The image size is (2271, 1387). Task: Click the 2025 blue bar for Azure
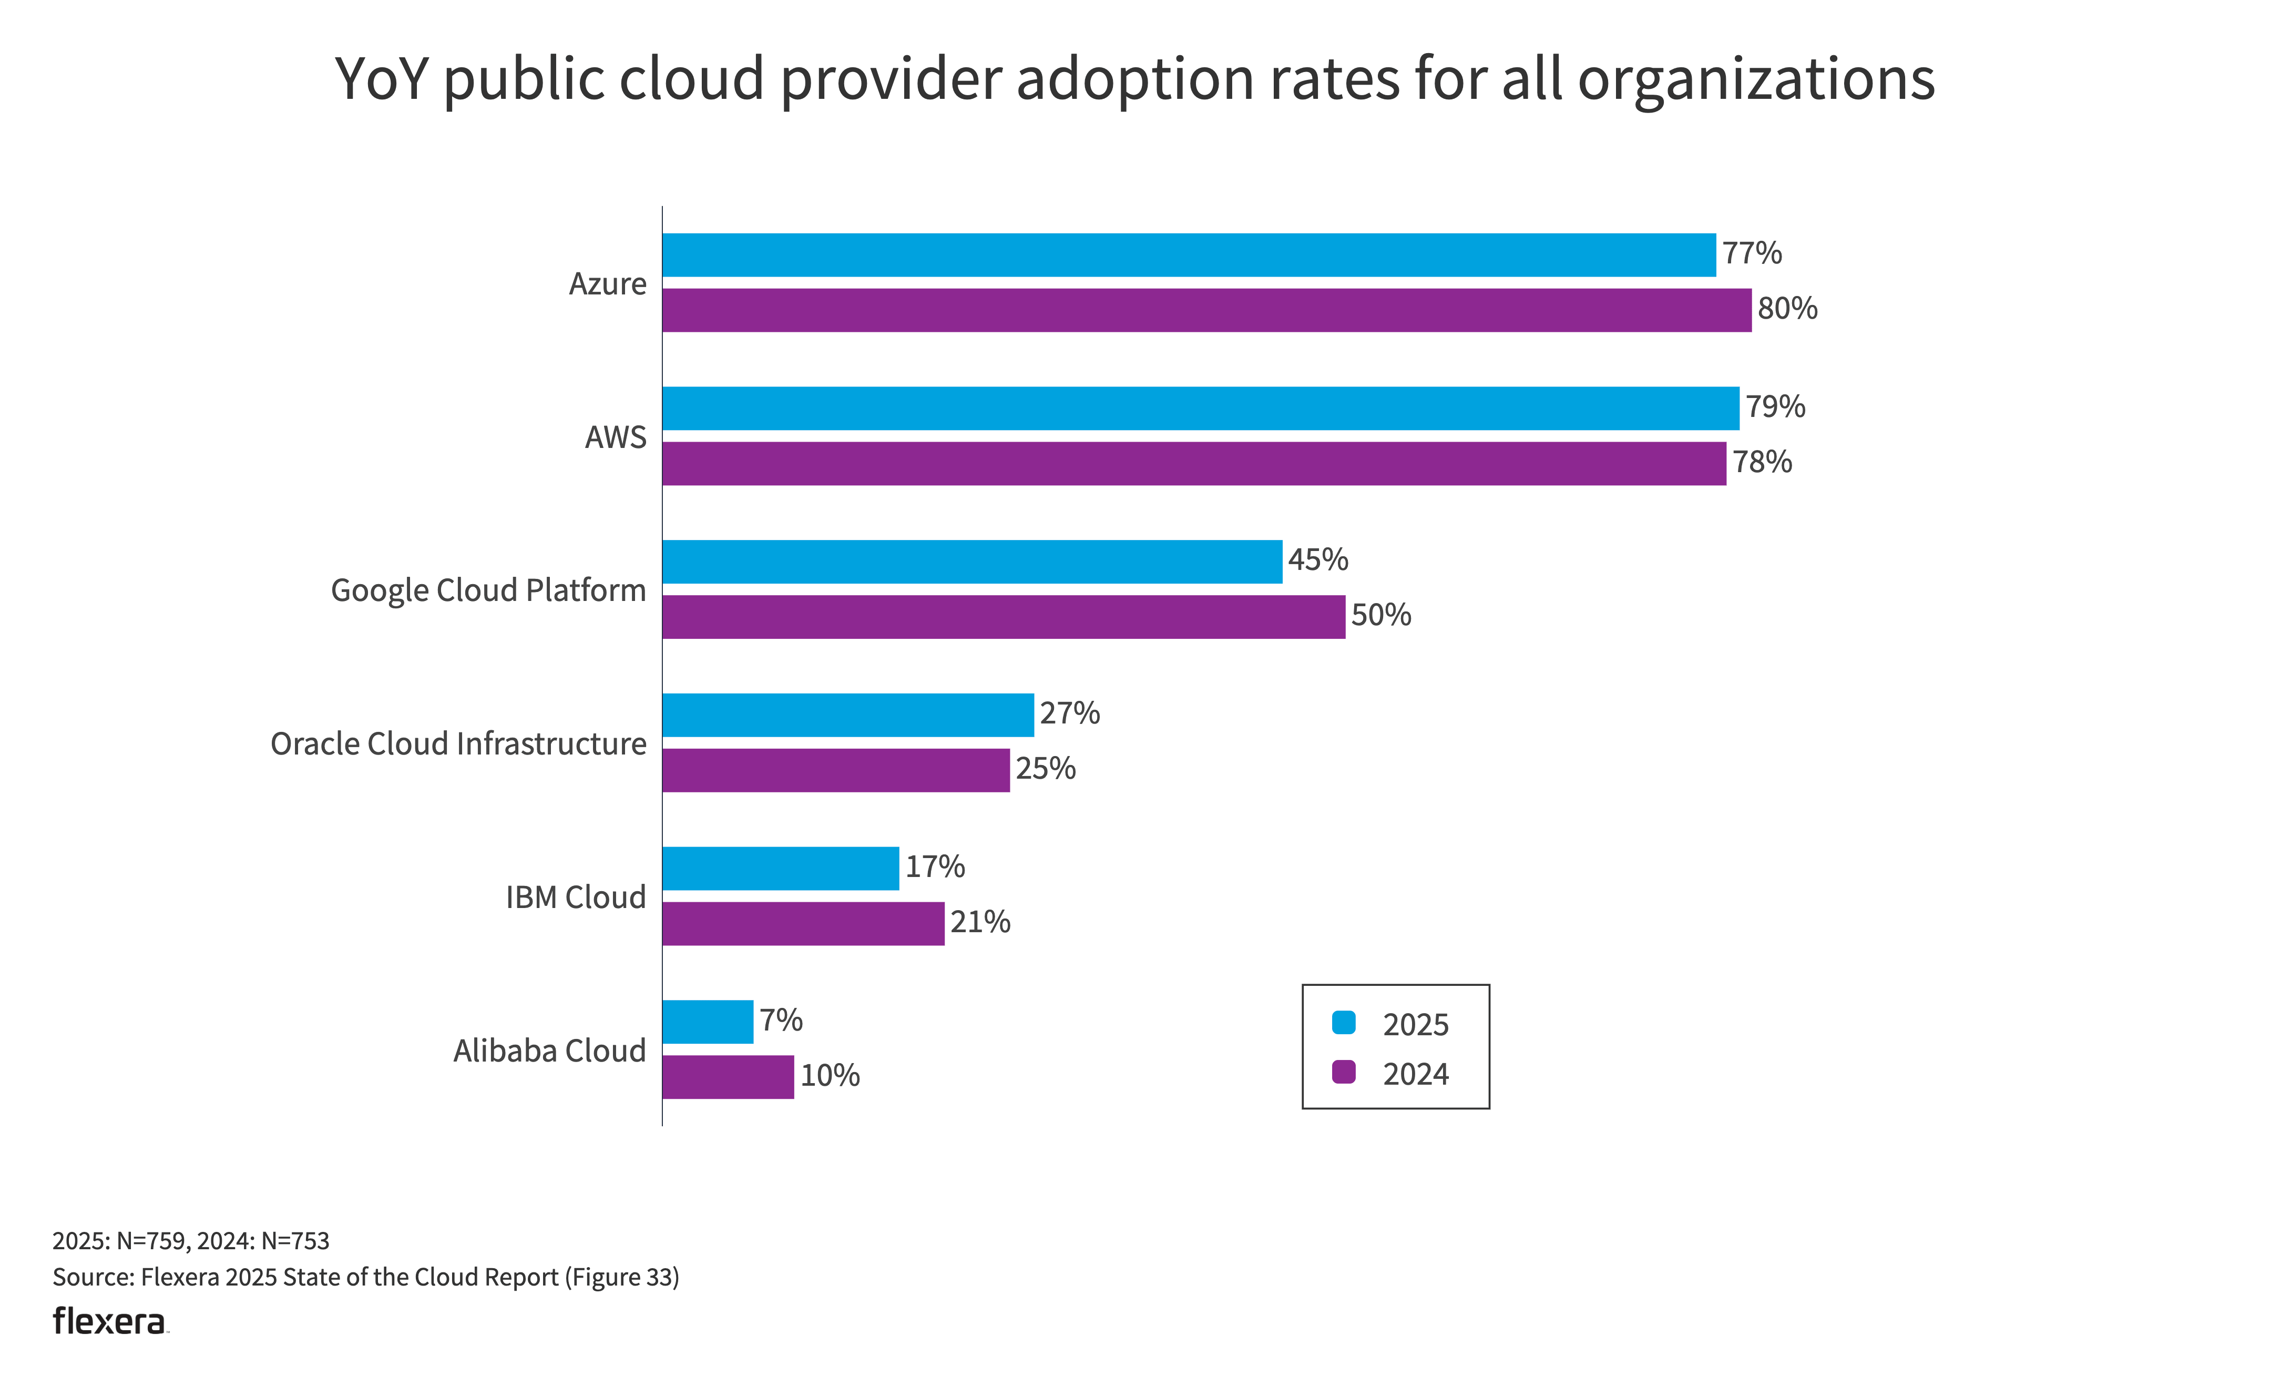[x=1189, y=256]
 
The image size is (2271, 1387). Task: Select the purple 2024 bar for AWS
[x=1193, y=464]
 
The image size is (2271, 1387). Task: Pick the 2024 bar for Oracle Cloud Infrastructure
[x=836, y=770]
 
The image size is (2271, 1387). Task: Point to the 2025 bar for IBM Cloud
[x=781, y=868]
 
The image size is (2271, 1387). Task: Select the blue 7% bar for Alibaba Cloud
[x=708, y=1022]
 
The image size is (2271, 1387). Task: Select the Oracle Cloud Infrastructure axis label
[x=458, y=744]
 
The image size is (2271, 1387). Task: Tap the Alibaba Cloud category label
[x=549, y=1051]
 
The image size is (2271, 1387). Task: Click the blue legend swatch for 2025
[x=1344, y=1022]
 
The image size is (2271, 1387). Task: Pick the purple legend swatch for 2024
[x=1344, y=1072]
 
